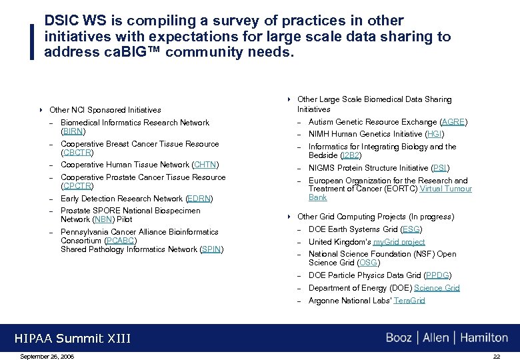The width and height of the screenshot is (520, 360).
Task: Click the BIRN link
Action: (x=73, y=131)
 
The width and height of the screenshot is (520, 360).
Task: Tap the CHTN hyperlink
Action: (x=205, y=165)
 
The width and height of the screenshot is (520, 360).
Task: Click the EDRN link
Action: (x=199, y=199)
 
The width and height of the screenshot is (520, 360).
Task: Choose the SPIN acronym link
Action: (x=211, y=249)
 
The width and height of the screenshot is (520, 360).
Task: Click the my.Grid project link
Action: (x=399, y=242)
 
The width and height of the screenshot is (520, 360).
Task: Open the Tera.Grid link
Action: (x=409, y=301)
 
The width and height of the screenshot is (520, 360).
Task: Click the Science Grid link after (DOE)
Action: (x=437, y=288)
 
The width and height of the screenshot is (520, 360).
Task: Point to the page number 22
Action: (x=497, y=356)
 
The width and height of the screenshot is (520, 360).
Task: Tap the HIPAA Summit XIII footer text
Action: (x=73, y=339)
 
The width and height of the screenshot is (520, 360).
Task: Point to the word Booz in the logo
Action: (x=399, y=338)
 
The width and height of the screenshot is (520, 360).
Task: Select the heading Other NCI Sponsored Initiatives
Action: (x=105, y=110)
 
